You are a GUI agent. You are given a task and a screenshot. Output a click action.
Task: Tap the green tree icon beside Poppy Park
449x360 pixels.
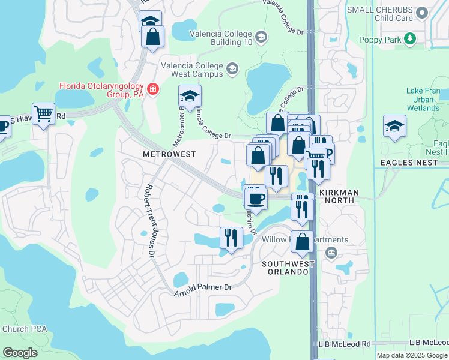pos(411,39)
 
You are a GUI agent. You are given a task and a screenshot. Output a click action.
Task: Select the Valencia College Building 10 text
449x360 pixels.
pos(220,38)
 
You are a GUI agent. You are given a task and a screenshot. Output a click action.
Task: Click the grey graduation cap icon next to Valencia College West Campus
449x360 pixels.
pos(232,70)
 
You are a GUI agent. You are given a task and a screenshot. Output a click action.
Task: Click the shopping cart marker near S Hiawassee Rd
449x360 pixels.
pos(43,113)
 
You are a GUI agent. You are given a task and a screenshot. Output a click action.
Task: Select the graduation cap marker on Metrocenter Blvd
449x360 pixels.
pos(190,96)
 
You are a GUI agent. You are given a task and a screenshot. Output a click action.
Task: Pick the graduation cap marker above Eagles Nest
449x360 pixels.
pos(394,126)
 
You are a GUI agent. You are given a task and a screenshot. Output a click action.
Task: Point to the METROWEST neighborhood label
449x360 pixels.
pos(169,154)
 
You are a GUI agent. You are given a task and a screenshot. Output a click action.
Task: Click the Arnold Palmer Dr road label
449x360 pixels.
pos(203,289)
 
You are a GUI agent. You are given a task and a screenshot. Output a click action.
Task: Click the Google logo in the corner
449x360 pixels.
pos(20,352)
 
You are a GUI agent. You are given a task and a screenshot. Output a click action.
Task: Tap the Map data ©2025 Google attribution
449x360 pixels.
pos(411,355)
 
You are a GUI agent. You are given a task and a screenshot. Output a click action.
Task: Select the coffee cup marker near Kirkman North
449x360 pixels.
pos(255,198)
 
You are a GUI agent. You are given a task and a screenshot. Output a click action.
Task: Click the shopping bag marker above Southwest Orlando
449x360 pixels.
pos(303,242)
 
